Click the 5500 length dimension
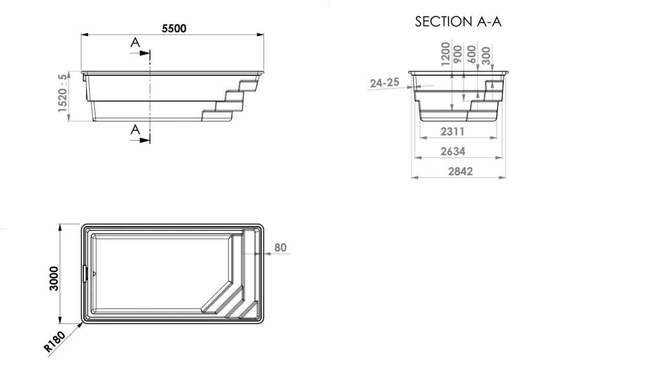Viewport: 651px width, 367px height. [x=174, y=28]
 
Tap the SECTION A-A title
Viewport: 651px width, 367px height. [x=458, y=22]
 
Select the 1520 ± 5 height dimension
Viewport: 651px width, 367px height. [x=62, y=93]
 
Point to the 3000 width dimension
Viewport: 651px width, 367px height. [x=54, y=278]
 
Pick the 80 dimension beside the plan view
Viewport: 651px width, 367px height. [x=281, y=247]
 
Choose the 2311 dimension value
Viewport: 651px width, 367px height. [x=453, y=132]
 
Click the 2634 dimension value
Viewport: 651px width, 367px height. [x=453, y=151]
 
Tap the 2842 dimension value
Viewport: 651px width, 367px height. [x=460, y=172]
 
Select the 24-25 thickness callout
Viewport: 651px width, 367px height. [x=385, y=83]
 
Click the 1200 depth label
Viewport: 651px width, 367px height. [x=445, y=54]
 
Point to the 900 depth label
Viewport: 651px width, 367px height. [x=457, y=54]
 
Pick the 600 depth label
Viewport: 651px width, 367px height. [x=472, y=54]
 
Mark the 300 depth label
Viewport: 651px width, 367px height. [x=486, y=56]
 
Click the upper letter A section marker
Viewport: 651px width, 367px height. [x=135, y=43]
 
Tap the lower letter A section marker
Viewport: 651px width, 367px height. [x=135, y=129]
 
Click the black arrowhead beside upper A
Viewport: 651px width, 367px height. [x=144, y=53]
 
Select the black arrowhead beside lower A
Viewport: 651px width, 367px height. [x=144, y=140]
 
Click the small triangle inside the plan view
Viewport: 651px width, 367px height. [x=94, y=274]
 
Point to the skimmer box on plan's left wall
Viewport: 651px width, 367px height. [x=85, y=274]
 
